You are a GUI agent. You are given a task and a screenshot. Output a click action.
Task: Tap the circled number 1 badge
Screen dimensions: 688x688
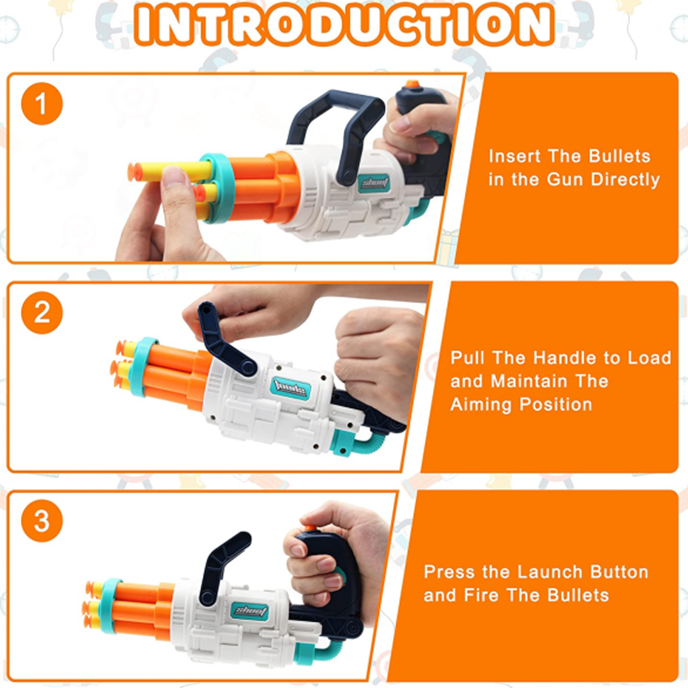pyautogui.click(x=42, y=104)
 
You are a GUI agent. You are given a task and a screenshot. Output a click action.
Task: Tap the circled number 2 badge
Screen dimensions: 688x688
pyautogui.click(x=42, y=313)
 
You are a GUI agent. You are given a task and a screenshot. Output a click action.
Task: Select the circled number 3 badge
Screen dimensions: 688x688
pyautogui.click(x=42, y=521)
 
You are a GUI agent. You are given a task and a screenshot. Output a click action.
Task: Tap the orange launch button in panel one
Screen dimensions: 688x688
pyautogui.click(x=412, y=84)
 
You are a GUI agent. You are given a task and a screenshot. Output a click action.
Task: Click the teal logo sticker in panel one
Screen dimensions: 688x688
pyautogui.click(x=374, y=183)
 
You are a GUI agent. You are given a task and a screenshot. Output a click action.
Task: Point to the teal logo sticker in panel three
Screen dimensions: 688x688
pyautogui.click(x=250, y=610)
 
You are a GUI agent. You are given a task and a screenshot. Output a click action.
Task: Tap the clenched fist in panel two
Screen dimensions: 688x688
pyautogui.click(x=376, y=353)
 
